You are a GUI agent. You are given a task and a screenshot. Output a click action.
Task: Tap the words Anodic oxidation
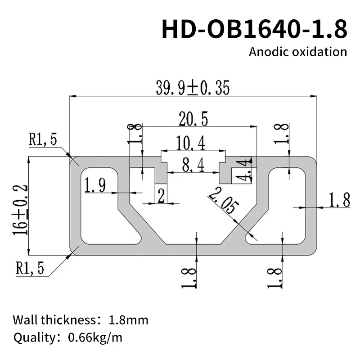298,51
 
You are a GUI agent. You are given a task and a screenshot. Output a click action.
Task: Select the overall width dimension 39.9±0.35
193,88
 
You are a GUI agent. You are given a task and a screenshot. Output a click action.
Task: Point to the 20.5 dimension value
193,119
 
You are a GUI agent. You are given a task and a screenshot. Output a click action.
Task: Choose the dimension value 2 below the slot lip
160,196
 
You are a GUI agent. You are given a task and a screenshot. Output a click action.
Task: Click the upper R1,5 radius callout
43,139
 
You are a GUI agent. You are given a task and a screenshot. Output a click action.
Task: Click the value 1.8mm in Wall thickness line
128,320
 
